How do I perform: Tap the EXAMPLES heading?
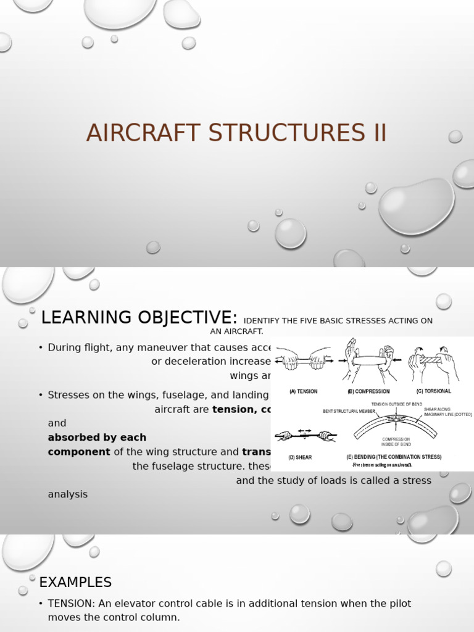coord(75,582)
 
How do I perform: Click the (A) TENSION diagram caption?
coord(304,391)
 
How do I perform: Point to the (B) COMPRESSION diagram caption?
coord(368,391)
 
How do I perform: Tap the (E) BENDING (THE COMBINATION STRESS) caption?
coord(394,457)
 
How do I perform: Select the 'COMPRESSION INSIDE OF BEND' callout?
coord(396,442)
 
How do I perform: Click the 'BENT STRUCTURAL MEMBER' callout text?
coord(349,410)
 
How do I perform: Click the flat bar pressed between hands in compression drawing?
coord(368,360)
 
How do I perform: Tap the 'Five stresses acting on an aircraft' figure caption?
coord(382,465)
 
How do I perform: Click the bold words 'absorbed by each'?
coord(97,437)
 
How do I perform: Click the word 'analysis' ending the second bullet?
coord(68,494)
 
